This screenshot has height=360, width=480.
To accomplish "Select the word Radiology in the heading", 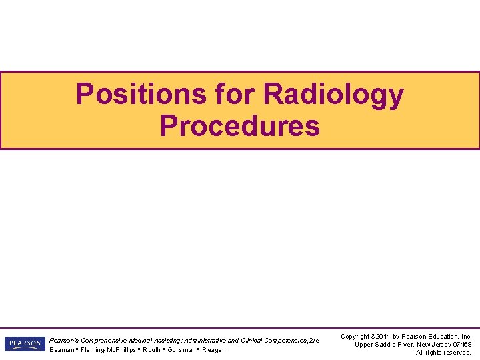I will point(333,94).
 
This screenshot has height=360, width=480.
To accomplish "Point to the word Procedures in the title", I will point(239,125).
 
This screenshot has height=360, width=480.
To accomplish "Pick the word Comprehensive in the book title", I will point(105,340).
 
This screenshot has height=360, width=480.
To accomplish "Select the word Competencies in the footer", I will point(284,340).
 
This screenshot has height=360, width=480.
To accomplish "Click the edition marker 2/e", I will point(313,340).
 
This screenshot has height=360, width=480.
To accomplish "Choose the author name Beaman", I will point(63,350).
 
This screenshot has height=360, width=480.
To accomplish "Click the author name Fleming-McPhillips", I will point(109,350).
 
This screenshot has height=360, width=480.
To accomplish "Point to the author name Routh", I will point(151,350).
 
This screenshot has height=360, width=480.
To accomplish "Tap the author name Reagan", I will point(214,350).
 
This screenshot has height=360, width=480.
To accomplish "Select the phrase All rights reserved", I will point(443,353).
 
